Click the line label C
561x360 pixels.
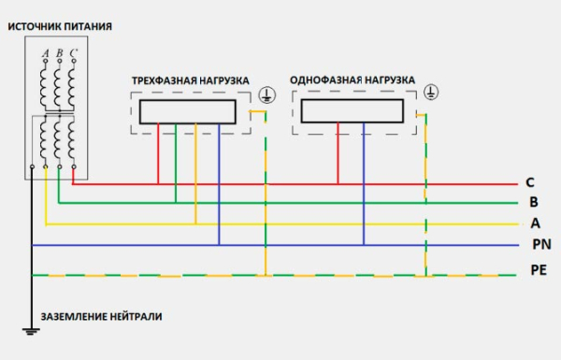530,182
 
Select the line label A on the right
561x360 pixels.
535,223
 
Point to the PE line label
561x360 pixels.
539,271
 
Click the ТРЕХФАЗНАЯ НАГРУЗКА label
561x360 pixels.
190,81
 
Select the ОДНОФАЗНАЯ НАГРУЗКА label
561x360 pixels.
352,80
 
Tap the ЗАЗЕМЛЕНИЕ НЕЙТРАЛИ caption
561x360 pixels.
100,316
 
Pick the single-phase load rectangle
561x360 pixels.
352,111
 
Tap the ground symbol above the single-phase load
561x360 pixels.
431,92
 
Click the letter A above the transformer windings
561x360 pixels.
45,53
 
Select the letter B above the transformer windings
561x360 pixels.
59,53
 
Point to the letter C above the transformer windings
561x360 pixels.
73,53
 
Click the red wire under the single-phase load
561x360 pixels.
334,154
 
